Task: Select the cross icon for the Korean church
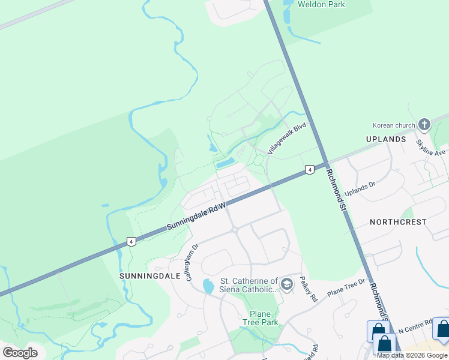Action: coord(424,125)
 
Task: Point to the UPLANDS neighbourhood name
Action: coord(386,139)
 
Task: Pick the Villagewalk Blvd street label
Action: coord(287,139)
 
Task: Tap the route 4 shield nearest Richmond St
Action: coord(309,170)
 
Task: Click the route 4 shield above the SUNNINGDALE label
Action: coord(131,242)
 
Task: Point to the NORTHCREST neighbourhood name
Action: coord(398,222)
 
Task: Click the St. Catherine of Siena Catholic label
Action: coord(249,285)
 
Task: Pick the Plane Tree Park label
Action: coord(260,318)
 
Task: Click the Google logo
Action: coord(20,352)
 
